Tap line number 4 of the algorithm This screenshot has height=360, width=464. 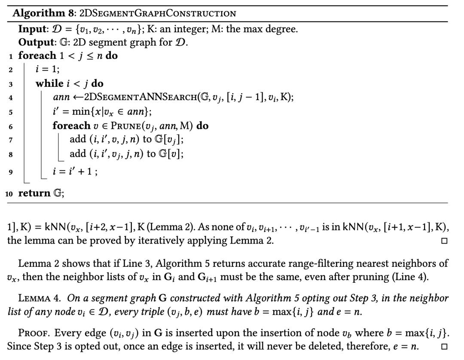point(9,98)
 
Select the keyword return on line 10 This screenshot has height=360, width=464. point(34,193)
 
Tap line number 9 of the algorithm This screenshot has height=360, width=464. point(9,172)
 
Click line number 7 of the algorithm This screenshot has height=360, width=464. point(9,140)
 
